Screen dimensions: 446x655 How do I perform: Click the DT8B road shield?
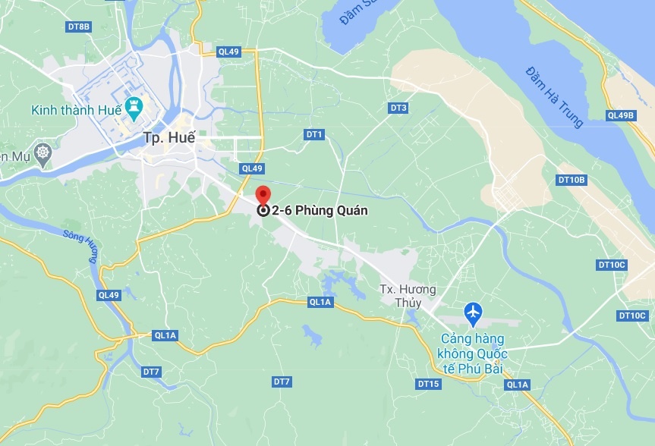click(x=78, y=27)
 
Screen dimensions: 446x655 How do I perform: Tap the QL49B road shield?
click(x=620, y=115)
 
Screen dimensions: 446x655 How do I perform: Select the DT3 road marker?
click(x=398, y=108)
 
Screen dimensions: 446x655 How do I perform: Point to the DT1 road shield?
click(x=314, y=134)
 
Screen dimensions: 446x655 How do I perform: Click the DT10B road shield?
click(x=571, y=180)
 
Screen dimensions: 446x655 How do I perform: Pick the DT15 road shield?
click(x=428, y=384)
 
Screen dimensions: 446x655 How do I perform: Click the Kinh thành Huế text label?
click(x=73, y=111)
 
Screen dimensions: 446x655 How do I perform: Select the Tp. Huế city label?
click(x=169, y=138)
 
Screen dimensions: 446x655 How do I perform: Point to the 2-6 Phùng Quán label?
click(x=320, y=211)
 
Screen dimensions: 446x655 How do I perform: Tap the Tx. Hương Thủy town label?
click(x=408, y=297)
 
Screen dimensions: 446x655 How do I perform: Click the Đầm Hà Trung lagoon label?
click(x=554, y=96)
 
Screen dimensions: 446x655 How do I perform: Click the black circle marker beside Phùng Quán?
click(x=263, y=211)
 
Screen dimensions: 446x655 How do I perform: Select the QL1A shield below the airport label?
click(x=518, y=385)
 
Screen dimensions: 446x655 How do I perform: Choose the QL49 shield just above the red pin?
click(x=250, y=168)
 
